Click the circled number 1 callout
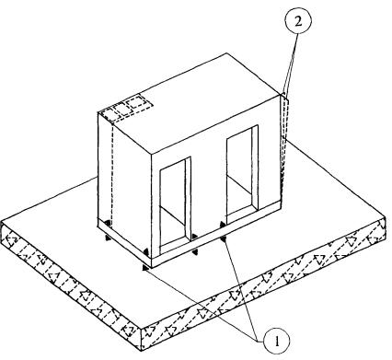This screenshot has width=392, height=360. point(277,341)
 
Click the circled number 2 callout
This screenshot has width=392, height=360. point(298,22)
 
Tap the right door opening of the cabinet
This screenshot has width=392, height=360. point(242,174)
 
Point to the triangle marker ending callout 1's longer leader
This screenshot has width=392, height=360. point(145,268)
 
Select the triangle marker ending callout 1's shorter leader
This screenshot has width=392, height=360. point(224,238)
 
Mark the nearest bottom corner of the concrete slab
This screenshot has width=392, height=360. point(141,350)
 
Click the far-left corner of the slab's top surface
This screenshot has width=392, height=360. point(2,222)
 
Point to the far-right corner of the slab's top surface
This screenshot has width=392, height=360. point(386,217)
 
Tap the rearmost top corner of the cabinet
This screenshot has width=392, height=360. point(227,53)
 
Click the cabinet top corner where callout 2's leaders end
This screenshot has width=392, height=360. point(282,94)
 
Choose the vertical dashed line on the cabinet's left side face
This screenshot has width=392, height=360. point(112,173)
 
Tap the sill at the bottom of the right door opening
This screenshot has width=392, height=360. point(242,217)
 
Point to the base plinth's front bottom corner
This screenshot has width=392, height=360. point(152,268)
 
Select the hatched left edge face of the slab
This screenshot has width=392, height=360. point(71,286)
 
